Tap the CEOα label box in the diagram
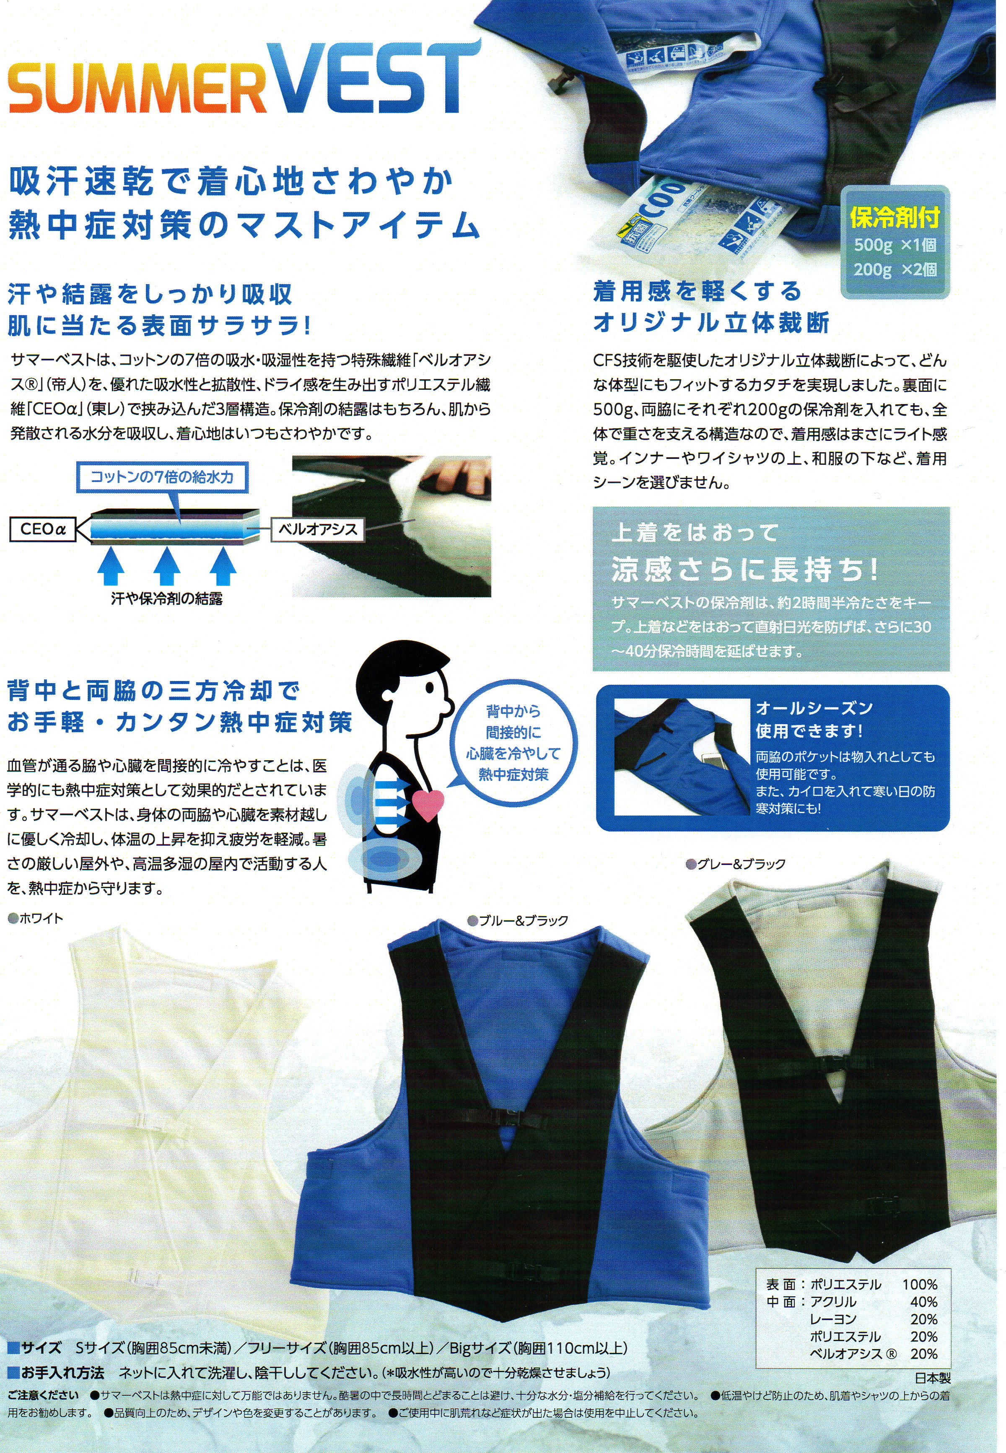(x=42, y=529)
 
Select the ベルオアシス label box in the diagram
(x=318, y=530)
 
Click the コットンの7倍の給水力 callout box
(x=161, y=477)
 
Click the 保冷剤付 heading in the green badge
(x=895, y=218)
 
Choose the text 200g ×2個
(x=895, y=269)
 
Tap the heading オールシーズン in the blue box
(x=814, y=708)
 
